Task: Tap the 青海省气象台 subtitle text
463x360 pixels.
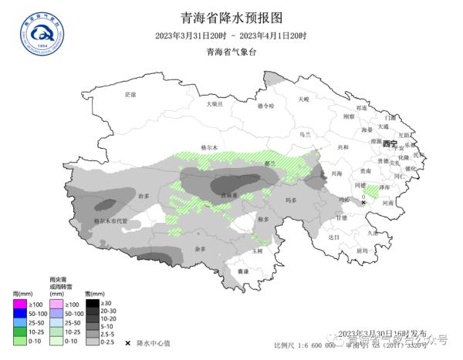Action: [231, 52]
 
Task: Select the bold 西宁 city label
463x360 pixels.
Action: [389, 144]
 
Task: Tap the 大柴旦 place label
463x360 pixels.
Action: [214, 103]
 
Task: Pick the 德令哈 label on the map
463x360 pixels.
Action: [265, 106]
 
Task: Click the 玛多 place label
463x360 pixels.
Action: [292, 200]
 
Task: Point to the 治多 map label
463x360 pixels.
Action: [142, 197]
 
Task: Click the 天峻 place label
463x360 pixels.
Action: [303, 99]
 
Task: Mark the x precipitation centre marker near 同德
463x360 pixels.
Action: [363, 202]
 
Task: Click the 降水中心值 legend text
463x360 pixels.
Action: [154, 341]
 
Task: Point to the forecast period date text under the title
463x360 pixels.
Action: [231, 35]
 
